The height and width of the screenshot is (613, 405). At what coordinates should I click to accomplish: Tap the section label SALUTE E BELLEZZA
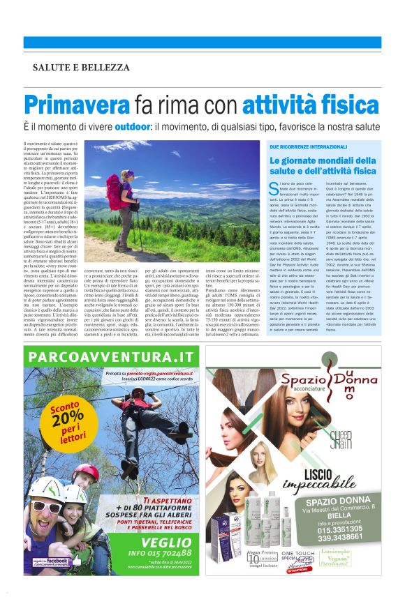(81, 68)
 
